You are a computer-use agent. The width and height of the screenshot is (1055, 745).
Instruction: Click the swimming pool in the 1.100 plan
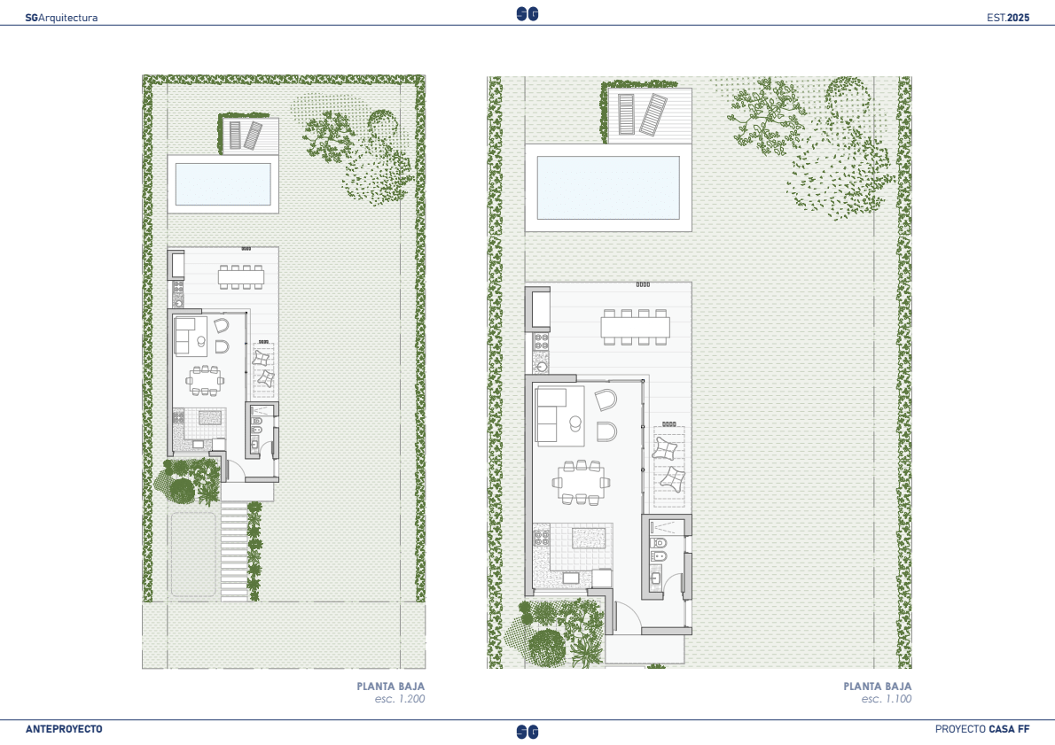coord(608,188)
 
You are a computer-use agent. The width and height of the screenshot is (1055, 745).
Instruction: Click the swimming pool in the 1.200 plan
coord(223,183)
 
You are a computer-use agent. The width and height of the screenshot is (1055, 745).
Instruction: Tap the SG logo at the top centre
coord(527,14)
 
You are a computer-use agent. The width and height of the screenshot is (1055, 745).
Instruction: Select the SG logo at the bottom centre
coord(527,732)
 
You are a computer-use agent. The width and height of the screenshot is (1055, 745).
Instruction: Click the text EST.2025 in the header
coord(1008,18)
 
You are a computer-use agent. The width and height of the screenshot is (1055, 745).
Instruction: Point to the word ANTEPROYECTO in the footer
coord(64,729)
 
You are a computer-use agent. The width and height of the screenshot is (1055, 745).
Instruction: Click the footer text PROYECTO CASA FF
coord(982,729)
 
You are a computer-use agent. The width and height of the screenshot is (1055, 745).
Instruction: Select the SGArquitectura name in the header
coord(61,18)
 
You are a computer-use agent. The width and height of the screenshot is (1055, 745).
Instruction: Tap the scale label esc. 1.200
coord(400,699)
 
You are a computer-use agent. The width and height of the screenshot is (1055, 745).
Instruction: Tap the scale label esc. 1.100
coord(887,699)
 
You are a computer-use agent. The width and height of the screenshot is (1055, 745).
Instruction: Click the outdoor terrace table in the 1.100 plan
coord(636,328)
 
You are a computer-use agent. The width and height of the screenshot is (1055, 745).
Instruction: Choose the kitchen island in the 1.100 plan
coord(589,539)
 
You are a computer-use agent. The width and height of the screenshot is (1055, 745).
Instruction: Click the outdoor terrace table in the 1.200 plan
coord(240,277)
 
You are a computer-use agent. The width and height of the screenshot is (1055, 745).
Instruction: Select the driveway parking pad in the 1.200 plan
coord(193,555)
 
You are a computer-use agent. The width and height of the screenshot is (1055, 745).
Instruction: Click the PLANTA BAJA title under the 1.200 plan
coord(391,687)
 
